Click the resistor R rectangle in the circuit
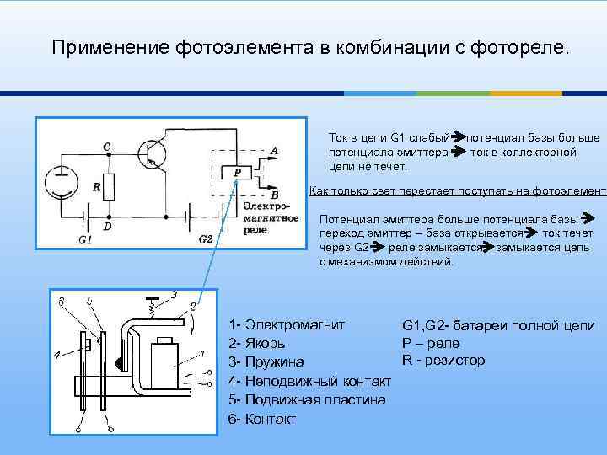[x=108, y=187]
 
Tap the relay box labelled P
[x=238, y=173]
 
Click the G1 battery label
[x=84, y=239]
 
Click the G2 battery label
[x=206, y=239]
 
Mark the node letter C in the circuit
[x=106, y=147]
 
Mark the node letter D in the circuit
[x=107, y=227]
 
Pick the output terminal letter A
[x=273, y=151]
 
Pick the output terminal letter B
[x=275, y=195]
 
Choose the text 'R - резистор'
[x=443, y=361]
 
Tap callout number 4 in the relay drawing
[x=56, y=356]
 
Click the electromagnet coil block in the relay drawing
[x=163, y=358]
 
